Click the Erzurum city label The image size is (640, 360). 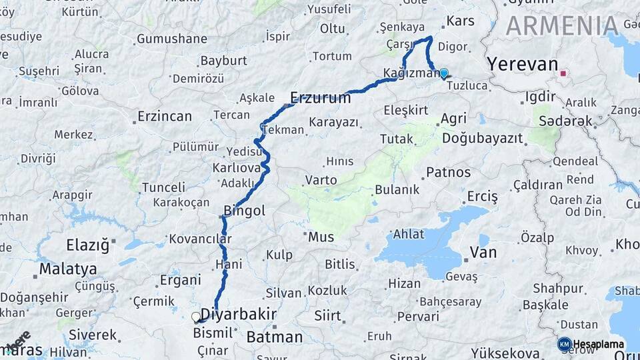click(321, 98)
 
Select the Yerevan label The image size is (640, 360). click(522, 65)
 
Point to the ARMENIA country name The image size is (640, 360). click(562, 25)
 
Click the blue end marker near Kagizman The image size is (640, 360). click(443, 73)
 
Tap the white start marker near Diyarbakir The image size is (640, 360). click(196, 317)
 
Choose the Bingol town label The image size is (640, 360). click(244, 211)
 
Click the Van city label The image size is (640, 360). click(483, 253)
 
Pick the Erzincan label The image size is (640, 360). click(164, 117)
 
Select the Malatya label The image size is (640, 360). click(67, 269)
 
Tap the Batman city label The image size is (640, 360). click(275, 337)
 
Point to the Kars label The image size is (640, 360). click(460, 21)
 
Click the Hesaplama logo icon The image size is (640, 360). click(564, 344)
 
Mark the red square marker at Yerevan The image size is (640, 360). click(564, 73)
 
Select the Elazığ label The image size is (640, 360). click(87, 245)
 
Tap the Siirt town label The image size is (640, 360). click(327, 314)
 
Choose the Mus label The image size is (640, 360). click(321, 236)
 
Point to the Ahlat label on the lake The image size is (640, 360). click(408, 234)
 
